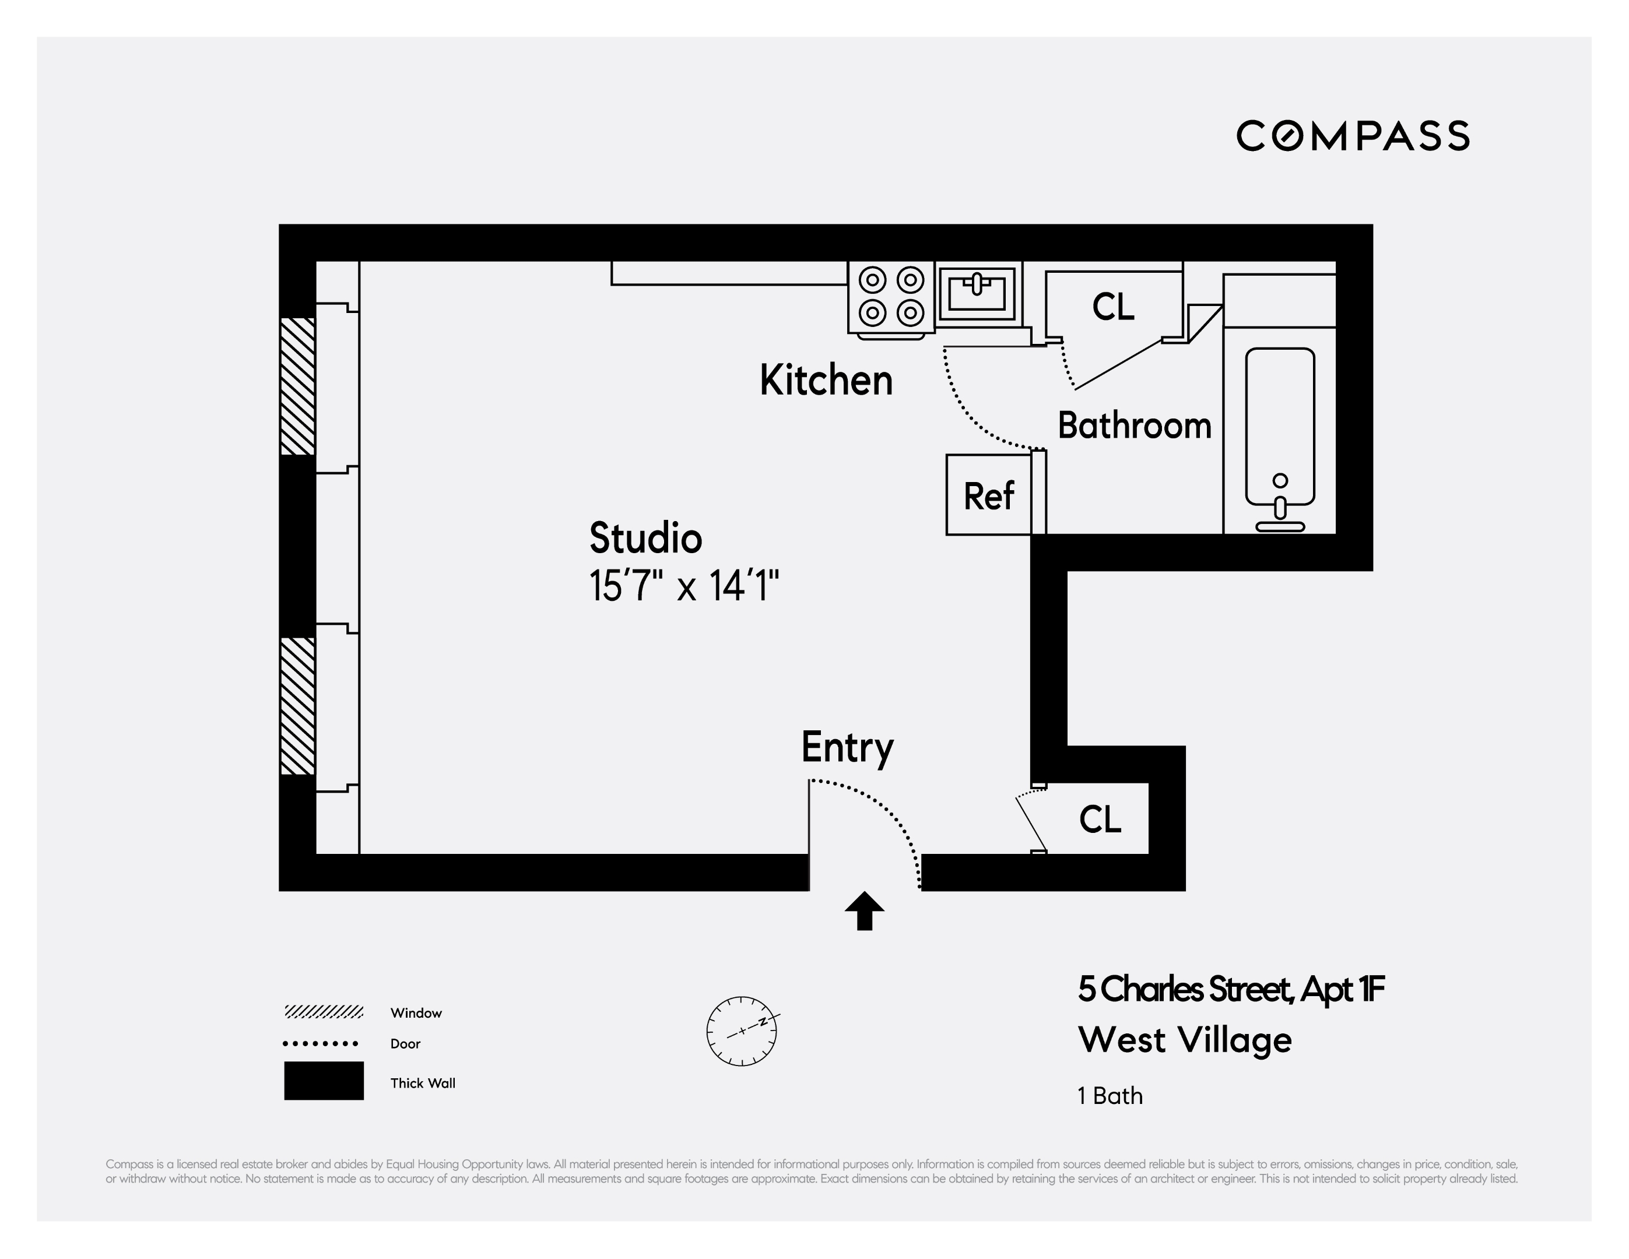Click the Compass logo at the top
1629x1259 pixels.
[x=1352, y=136]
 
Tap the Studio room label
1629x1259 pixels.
[x=645, y=538]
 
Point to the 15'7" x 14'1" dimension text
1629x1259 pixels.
[x=684, y=586]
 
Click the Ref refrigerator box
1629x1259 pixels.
[x=989, y=495]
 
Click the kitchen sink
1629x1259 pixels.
[x=977, y=293]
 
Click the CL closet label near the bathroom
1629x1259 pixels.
[x=1113, y=307]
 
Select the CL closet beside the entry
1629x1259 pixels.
[x=1100, y=819]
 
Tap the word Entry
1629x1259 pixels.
[x=847, y=747]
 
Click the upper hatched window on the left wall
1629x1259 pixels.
[x=297, y=386]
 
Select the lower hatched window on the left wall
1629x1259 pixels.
[x=297, y=706]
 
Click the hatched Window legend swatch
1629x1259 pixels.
[x=324, y=1012]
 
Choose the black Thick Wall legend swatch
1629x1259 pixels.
[x=324, y=1081]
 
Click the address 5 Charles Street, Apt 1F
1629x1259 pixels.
[x=1231, y=990]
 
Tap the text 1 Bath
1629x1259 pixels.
[x=1110, y=1096]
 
